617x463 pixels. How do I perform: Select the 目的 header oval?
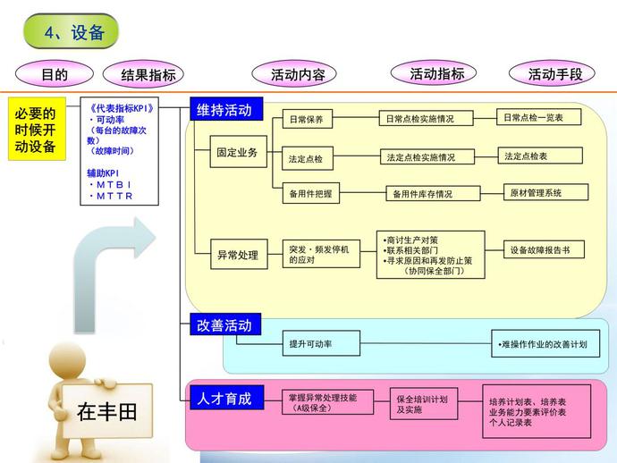tap(55, 74)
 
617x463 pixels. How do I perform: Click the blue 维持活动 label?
tap(224, 110)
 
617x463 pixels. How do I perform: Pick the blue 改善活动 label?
tap(224, 324)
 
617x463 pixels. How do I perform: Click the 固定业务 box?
tap(237, 153)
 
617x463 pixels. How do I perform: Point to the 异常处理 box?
tap(237, 255)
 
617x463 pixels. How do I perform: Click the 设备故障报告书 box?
tap(545, 251)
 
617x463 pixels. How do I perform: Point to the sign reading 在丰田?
tap(106, 412)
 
